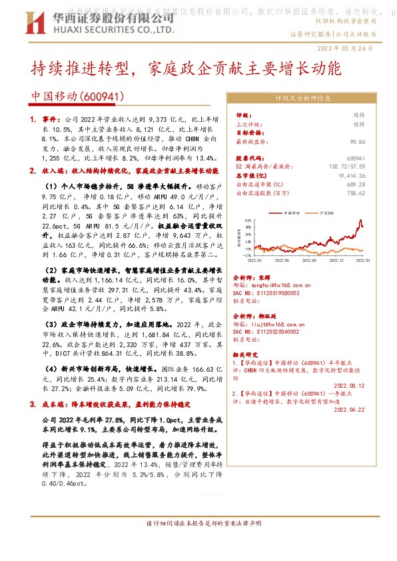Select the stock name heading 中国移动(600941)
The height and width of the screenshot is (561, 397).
click(x=79, y=97)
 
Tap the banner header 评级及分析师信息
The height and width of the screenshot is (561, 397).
click(x=302, y=98)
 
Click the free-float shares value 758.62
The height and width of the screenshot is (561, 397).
click(x=356, y=193)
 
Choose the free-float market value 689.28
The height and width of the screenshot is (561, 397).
click(x=356, y=185)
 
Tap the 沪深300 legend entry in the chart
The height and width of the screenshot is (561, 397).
click(x=326, y=213)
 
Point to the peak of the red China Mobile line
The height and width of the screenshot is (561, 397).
click(x=360, y=221)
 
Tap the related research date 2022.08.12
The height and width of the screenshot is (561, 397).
click(x=348, y=385)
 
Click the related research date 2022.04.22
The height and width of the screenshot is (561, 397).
click(x=348, y=410)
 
